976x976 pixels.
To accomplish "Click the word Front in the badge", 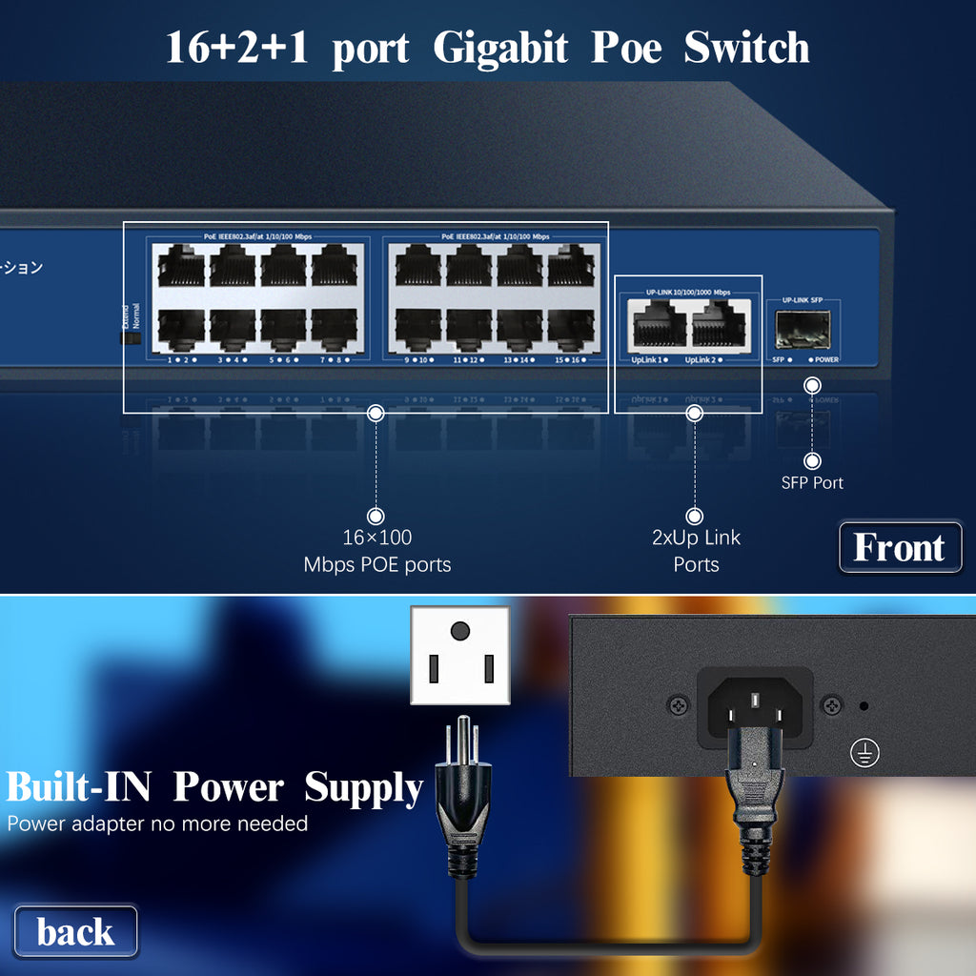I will (x=899, y=547).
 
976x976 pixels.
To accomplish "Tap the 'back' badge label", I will (x=75, y=931).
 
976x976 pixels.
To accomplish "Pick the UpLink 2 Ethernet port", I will (x=719, y=325).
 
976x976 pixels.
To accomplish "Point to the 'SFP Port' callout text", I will (x=812, y=482).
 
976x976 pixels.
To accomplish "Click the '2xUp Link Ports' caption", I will (x=696, y=551).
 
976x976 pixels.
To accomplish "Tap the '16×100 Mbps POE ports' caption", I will (x=376, y=551).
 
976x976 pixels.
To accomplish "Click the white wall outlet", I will (x=460, y=656).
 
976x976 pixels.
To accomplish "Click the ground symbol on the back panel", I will (x=864, y=753).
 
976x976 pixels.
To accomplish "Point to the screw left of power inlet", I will (x=679, y=706).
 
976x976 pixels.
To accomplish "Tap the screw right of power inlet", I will (x=831, y=706).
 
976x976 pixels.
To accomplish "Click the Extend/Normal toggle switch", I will (x=124, y=336).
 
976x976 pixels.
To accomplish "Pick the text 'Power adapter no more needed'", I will (x=157, y=823).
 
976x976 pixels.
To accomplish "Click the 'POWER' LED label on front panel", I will (x=824, y=360).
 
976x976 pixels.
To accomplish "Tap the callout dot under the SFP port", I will (x=812, y=385).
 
